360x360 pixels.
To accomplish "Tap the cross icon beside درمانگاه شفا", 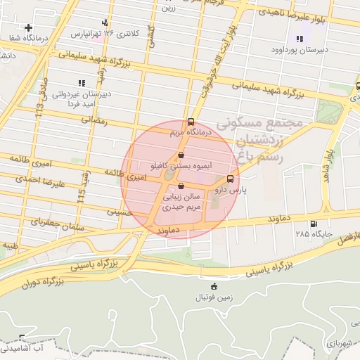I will click(28, 27).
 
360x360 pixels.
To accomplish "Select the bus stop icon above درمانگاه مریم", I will click(191, 121).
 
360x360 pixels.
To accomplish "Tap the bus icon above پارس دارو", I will click(230, 179).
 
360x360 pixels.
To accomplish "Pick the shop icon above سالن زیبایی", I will click(181, 187).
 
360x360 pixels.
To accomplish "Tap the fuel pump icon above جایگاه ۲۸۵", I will click(304, 224).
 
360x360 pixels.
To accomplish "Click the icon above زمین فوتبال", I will click(214, 286).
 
